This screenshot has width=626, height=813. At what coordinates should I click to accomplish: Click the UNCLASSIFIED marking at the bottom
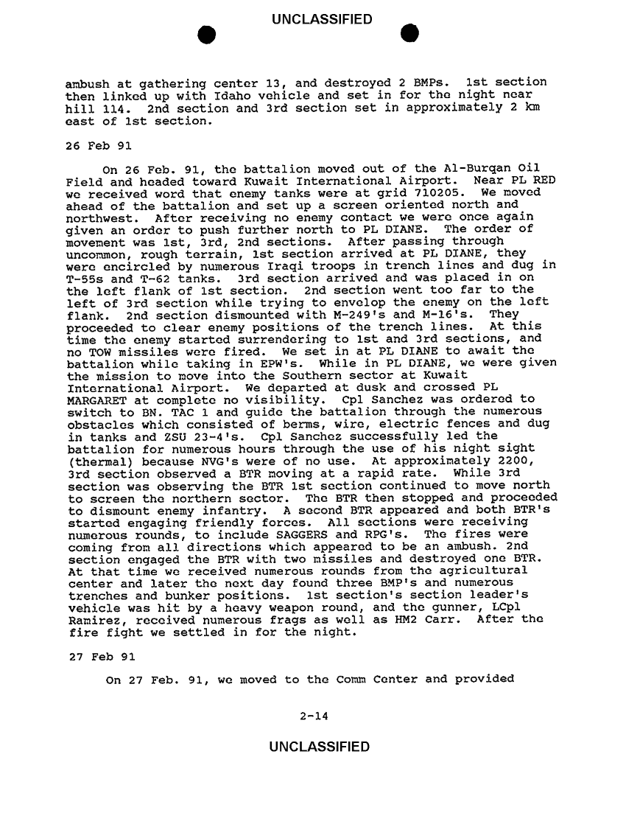coord(320,748)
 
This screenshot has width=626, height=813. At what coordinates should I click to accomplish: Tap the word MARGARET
coord(95,399)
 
